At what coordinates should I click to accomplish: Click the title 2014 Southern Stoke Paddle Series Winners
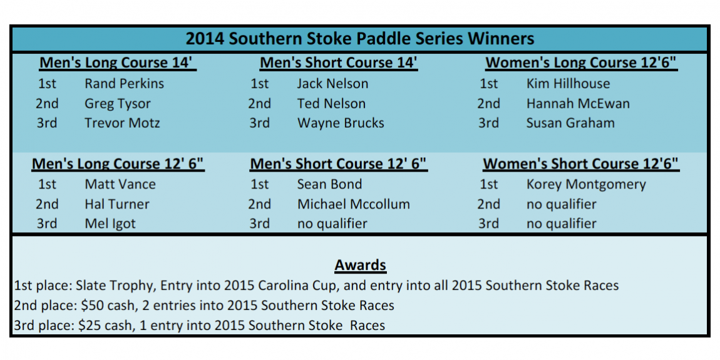click(359, 39)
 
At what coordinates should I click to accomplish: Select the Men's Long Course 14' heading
click(118, 63)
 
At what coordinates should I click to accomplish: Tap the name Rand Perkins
click(124, 83)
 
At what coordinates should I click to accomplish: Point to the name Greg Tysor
click(117, 104)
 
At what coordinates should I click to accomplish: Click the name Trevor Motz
click(122, 123)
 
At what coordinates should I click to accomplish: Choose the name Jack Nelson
click(332, 83)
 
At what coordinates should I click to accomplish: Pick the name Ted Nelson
click(331, 103)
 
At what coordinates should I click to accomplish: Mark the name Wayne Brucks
click(340, 123)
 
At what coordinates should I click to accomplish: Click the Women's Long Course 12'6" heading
click(581, 63)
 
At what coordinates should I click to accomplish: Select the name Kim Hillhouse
click(568, 83)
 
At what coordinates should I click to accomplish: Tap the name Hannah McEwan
click(578, 103)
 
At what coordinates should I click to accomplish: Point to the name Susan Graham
click(570, 123)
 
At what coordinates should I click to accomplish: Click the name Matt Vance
click(120, 184)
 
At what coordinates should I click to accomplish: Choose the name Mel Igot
click(110, 224)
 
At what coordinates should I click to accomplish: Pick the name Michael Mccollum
click(353, 204)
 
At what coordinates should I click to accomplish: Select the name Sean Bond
click(329, 184)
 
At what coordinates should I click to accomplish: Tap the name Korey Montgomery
click(586, 185)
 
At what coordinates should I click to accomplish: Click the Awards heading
click(360, 265)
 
